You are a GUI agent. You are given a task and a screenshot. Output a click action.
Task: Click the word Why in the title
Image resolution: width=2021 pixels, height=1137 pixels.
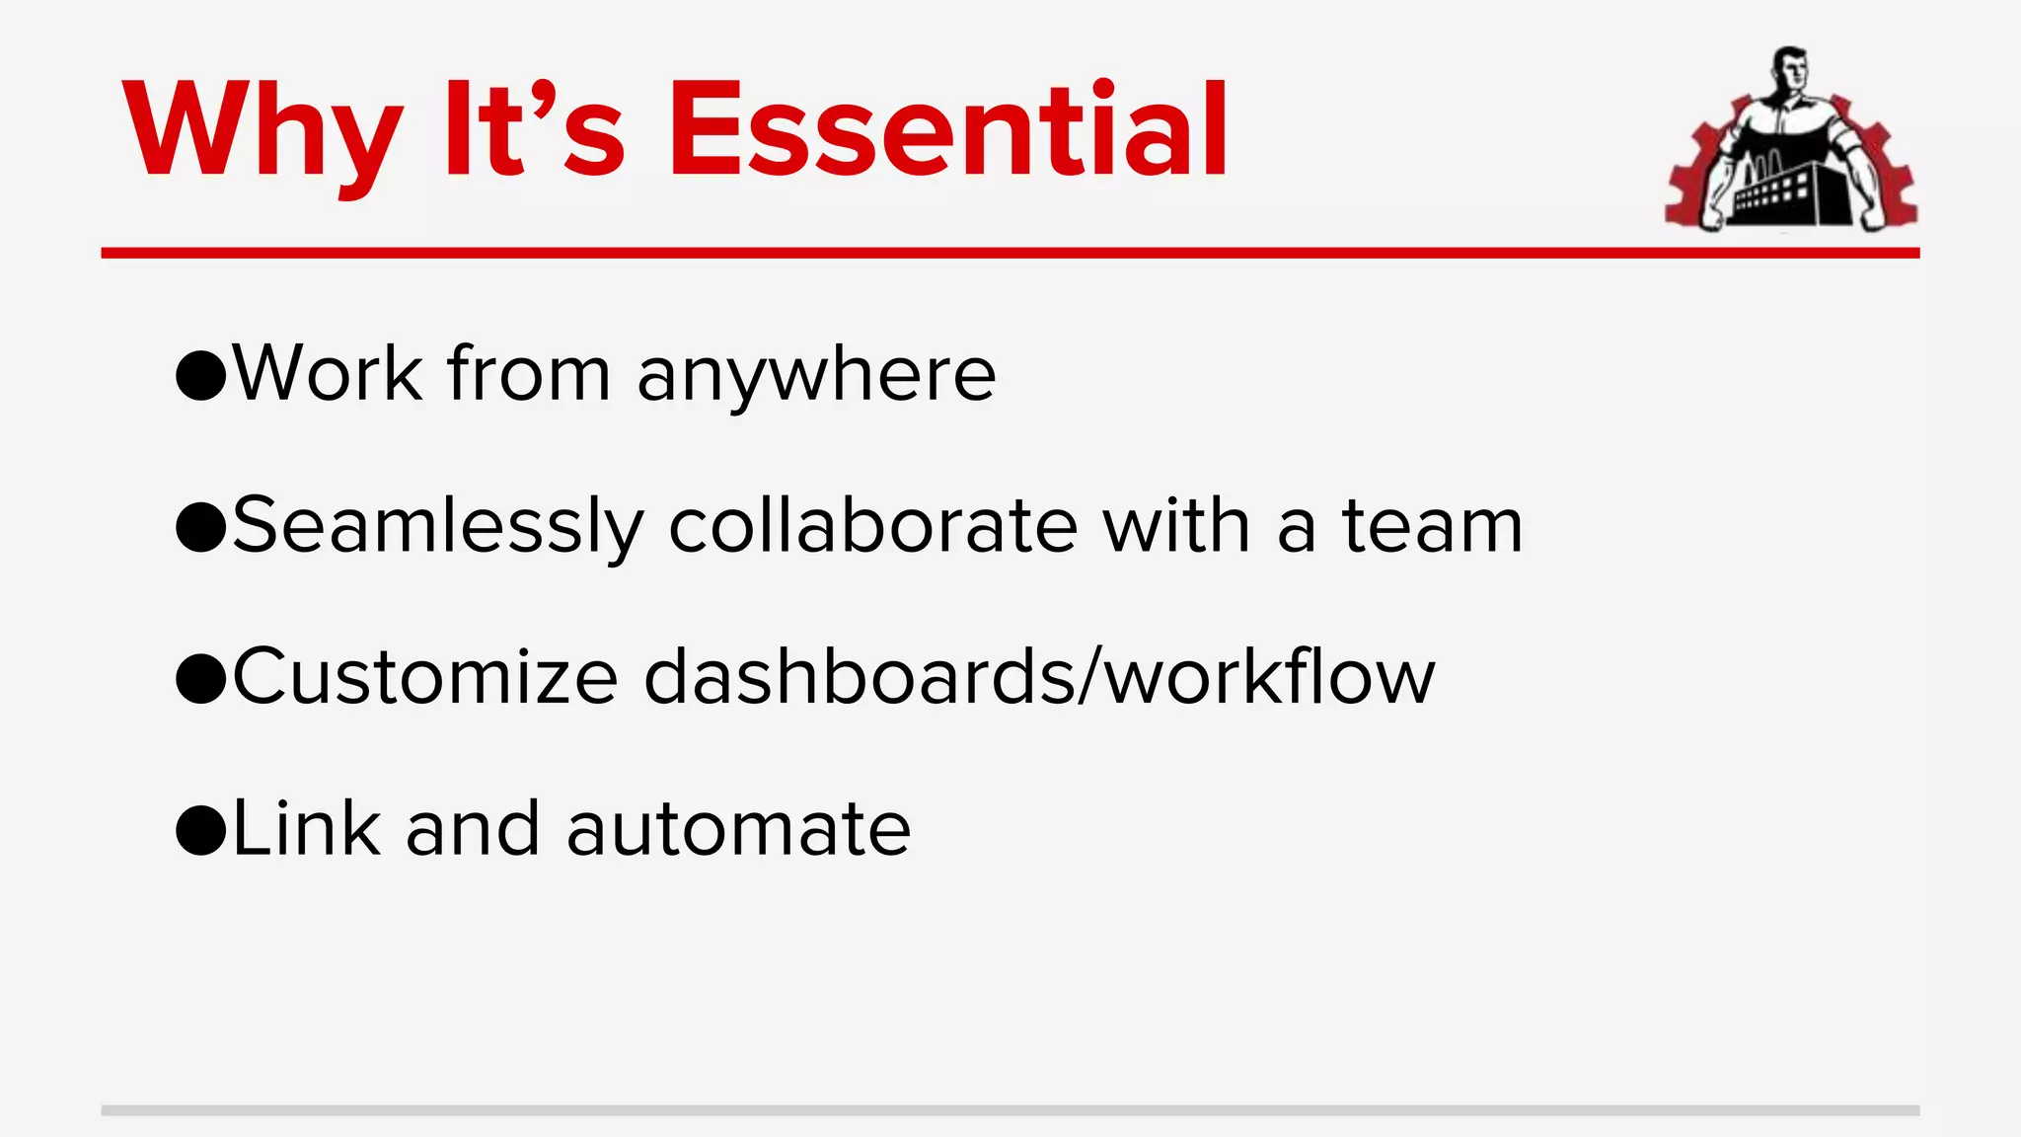tap(262, 131)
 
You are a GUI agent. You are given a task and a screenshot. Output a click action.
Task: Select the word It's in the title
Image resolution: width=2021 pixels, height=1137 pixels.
tap(534, 131)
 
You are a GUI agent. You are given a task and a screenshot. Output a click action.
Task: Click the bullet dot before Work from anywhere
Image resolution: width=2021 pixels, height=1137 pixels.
tap(201, 376)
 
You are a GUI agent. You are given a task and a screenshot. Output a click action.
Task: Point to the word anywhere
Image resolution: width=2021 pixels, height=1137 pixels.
tap(816, 376)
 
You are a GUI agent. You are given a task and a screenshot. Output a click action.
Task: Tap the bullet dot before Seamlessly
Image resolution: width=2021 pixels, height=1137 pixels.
tap(201, 527)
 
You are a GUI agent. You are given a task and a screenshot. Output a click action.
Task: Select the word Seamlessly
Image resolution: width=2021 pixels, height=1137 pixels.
tap(438, 527)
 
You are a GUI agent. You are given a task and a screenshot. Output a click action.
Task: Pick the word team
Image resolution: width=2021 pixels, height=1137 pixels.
tap(1432, 527)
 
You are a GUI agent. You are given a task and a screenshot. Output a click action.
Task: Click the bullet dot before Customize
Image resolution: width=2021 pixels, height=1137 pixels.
tap(201, 679)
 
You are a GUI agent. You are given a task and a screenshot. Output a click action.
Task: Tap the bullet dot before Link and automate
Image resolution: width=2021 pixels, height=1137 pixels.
tap(201, 831)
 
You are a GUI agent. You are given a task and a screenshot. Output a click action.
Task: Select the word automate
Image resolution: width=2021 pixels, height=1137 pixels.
tap(738, 831)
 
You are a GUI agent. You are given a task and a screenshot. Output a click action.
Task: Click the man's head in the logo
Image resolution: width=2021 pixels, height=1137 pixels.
tap(1789, 71)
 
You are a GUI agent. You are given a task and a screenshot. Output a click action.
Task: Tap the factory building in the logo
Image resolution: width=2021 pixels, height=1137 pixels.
tap(1776, 192)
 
